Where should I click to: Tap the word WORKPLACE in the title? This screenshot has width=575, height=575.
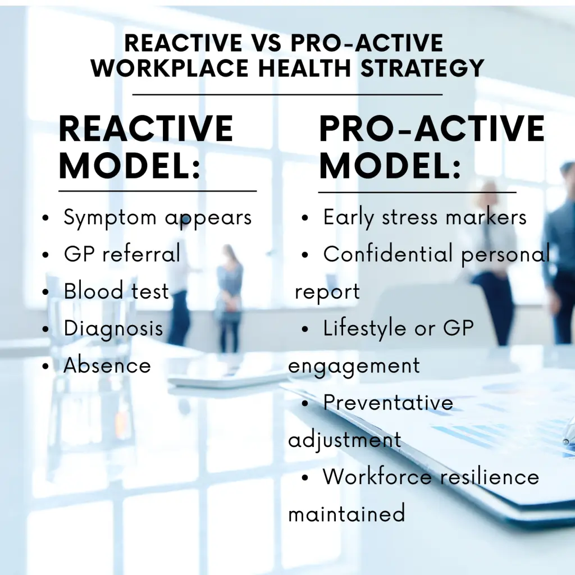[x=170, y=68]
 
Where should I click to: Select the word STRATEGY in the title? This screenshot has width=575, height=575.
[x=422, y=68]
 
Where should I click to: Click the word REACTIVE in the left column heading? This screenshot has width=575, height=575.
[x=146, y=129]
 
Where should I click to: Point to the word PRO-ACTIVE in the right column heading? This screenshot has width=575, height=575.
[x=432, y=129]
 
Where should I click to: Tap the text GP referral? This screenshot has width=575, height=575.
[x=122, y=253]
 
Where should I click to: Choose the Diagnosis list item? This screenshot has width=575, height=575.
[x=113, y=328]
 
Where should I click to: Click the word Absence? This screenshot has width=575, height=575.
[x=107, y=365]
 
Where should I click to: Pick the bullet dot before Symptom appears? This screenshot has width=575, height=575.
[x=45, y=218]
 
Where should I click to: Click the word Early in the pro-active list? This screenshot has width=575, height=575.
[x=348, y=218]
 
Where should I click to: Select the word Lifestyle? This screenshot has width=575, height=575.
[x=365, y=328]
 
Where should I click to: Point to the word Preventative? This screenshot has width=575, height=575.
[x=389, y=402]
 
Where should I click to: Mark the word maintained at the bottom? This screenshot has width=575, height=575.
[x=346, y=513]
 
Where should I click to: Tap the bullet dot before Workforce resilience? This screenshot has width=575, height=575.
[x=305, y=477]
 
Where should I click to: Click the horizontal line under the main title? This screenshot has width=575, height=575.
[x=287, y=94]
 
